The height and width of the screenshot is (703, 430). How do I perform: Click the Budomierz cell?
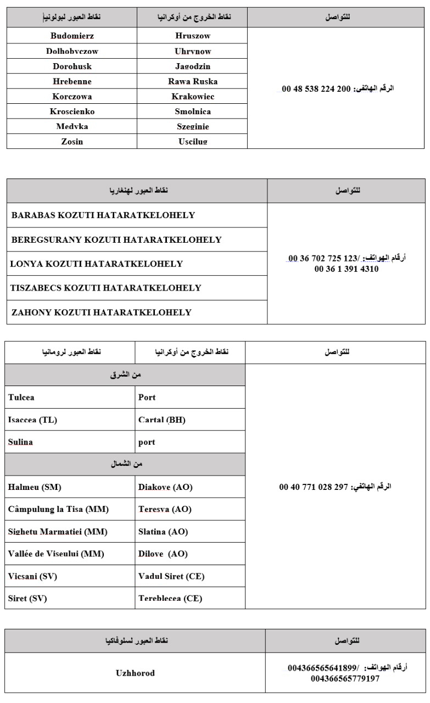pos(72,36)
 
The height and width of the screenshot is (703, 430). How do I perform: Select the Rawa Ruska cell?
pos(192,81)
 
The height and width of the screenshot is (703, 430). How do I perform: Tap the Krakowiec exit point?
pos(192,97)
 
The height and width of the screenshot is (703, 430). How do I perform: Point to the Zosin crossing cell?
pos(72,142)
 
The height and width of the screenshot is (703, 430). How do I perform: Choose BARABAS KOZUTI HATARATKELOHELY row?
pos(103,215)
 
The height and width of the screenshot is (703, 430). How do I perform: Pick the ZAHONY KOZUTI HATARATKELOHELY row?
pos(102,313)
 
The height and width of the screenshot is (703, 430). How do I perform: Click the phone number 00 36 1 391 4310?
pos(346,269)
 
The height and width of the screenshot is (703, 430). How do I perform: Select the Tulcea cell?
pos(21,397)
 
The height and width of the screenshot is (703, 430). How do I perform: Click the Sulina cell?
pos(21,442)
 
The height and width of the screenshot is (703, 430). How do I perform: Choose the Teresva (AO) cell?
pos(165,509)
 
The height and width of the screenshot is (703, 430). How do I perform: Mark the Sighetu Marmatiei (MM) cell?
pos(58,532)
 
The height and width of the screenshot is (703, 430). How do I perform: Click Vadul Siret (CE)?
pos(171,576)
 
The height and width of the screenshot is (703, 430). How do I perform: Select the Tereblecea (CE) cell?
pos(170,598)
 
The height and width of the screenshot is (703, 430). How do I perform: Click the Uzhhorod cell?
pos(135,673)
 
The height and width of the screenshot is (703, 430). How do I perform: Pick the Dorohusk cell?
pos(72,66)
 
